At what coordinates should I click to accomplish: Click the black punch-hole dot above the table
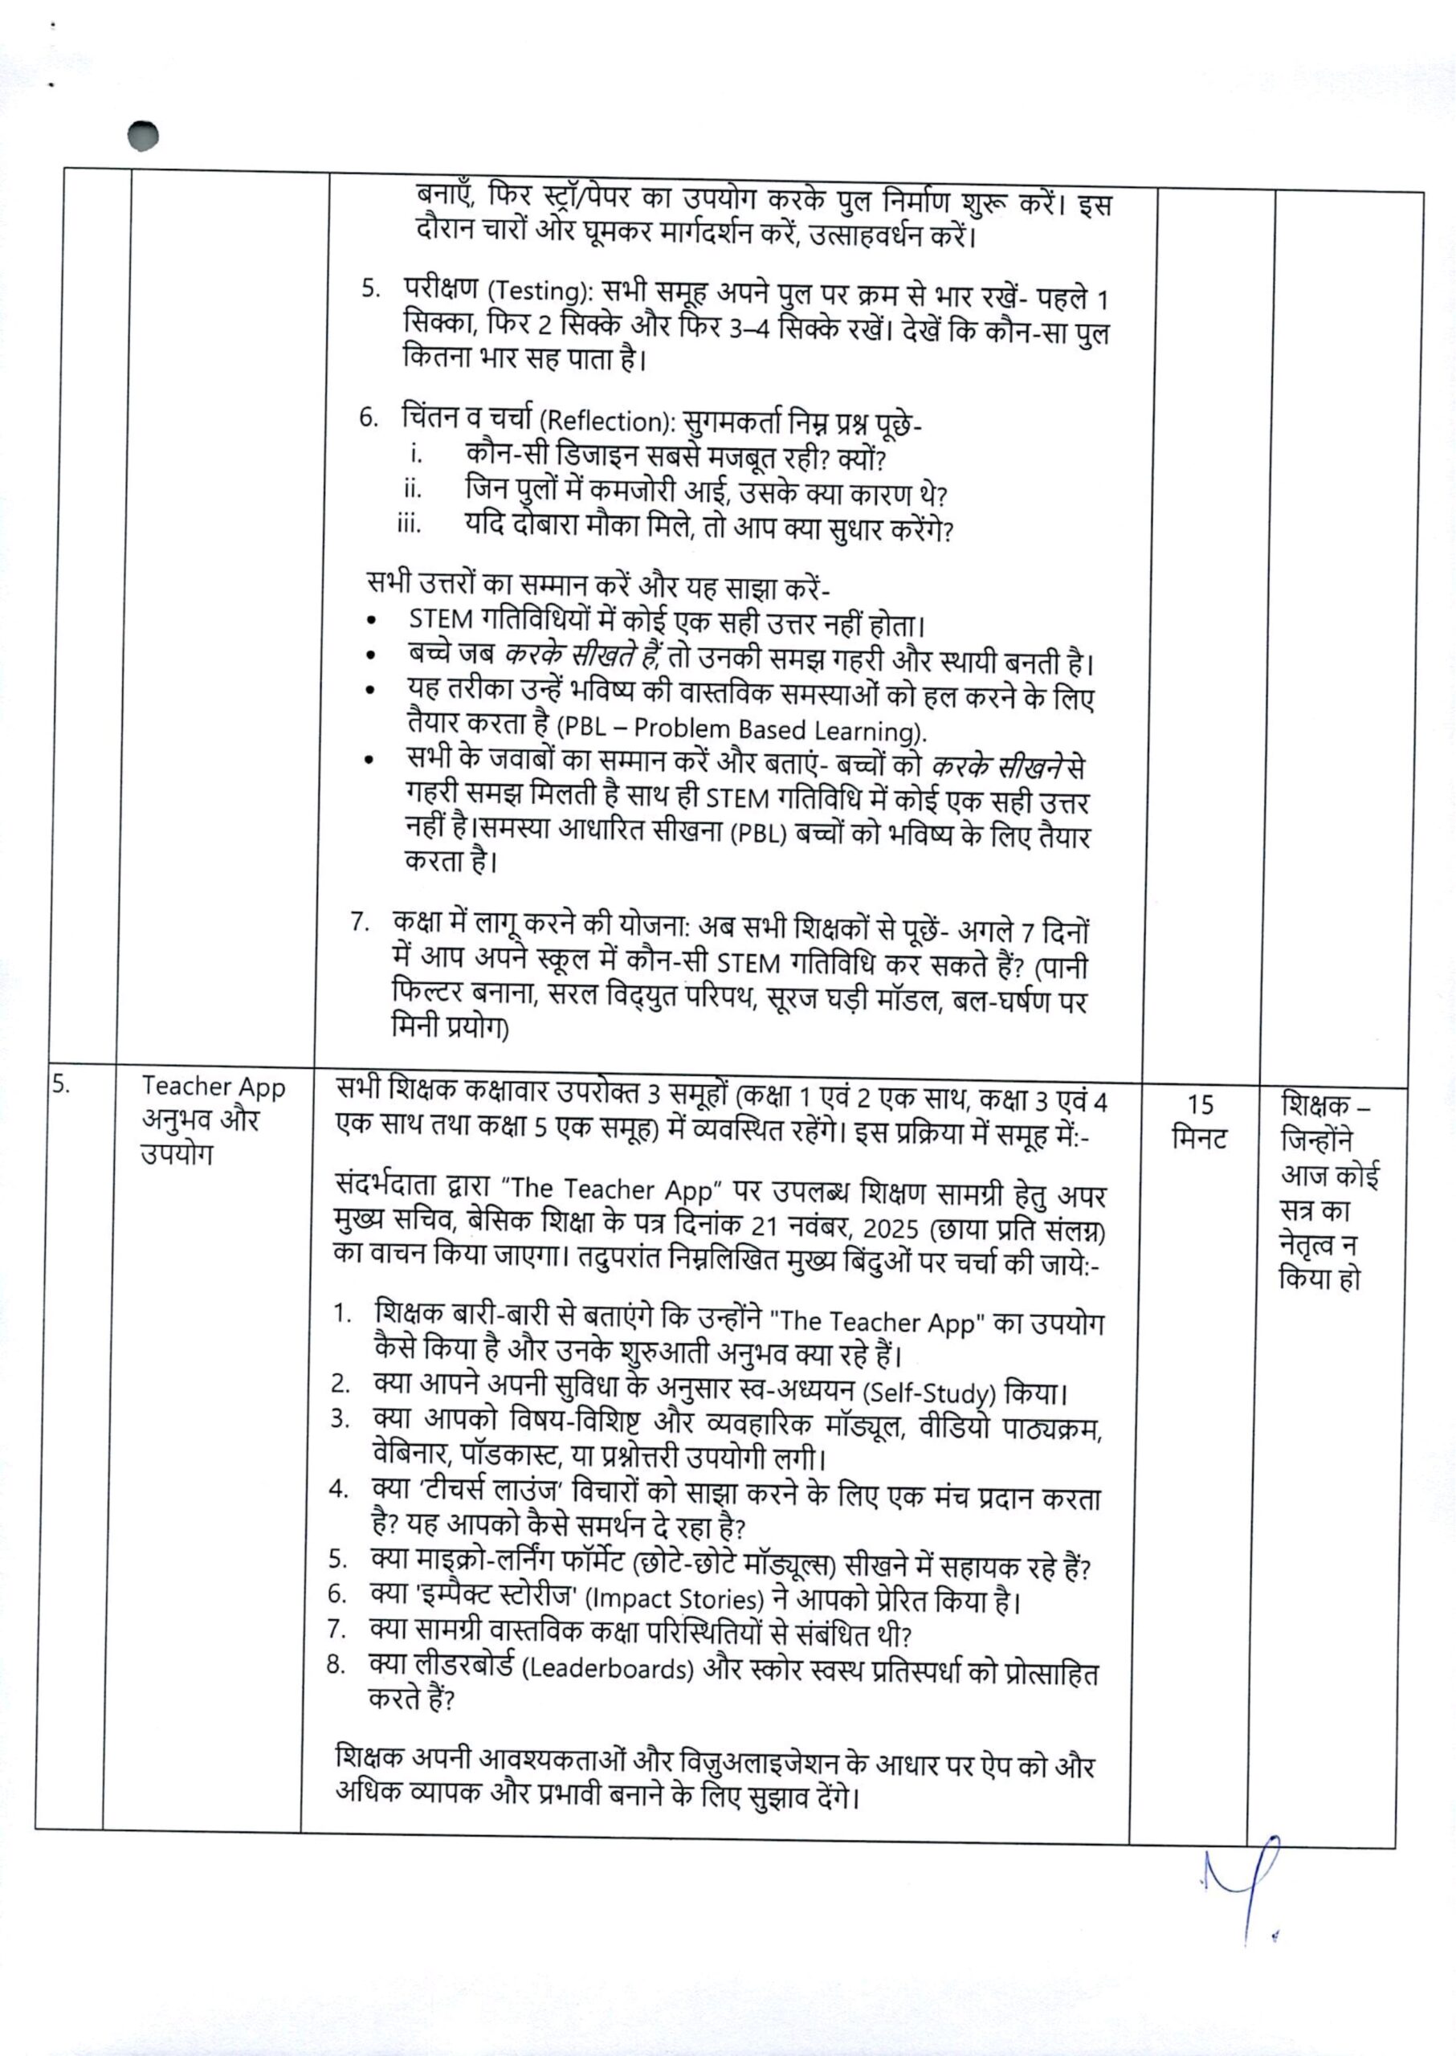point(143,136)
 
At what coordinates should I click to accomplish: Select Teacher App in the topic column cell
point(214,1087)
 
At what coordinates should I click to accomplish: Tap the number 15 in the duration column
point(1200,1103)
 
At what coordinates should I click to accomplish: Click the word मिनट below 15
point(1200,1139)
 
